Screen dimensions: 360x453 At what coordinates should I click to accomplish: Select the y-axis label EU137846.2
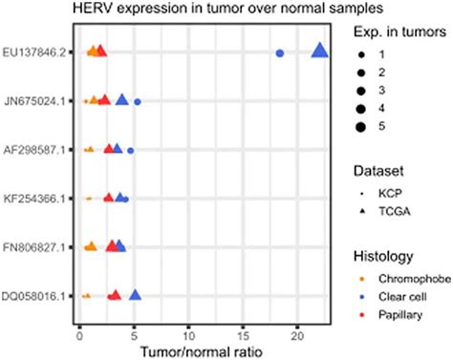tap(34, 52)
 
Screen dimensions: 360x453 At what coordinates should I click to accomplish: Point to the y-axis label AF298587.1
tap(34, 150)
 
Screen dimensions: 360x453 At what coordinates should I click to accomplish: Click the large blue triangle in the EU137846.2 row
tap(319, 52)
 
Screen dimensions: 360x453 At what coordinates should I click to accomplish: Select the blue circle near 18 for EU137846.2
tap(279, 53)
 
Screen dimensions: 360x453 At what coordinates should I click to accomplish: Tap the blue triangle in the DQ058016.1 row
tap(135, 296)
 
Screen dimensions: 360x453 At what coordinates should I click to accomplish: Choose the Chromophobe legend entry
tap(398, 280)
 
